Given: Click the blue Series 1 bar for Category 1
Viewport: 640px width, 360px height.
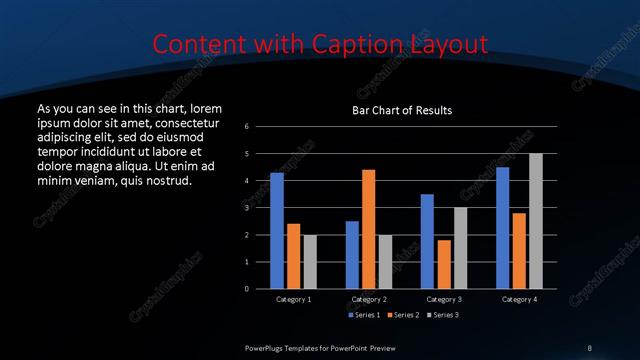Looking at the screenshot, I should pos(277,231).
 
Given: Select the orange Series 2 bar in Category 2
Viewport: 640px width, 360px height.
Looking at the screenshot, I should pos(368,229).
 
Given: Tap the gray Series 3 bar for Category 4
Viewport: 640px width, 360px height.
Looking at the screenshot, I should pos(535,221).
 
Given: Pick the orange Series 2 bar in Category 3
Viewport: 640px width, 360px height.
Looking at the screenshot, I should pos(443,264).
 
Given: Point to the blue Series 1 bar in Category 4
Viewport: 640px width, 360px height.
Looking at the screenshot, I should pos(502,228).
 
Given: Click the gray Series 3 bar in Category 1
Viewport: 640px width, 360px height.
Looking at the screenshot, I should pos(309,262).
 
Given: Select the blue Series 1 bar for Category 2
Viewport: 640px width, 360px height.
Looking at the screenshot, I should pos(352,255).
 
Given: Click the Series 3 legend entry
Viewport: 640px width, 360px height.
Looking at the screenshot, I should pos(444,315).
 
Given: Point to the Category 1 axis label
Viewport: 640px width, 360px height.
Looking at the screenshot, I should pos(293,299).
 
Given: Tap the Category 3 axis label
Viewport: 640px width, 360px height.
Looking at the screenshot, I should pos(444,299).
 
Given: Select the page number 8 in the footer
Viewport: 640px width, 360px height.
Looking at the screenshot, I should pos(589,347).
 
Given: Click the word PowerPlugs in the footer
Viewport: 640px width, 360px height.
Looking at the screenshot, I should pos(267,347).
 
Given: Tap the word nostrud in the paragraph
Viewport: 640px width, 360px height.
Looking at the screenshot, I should pos(156,181).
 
